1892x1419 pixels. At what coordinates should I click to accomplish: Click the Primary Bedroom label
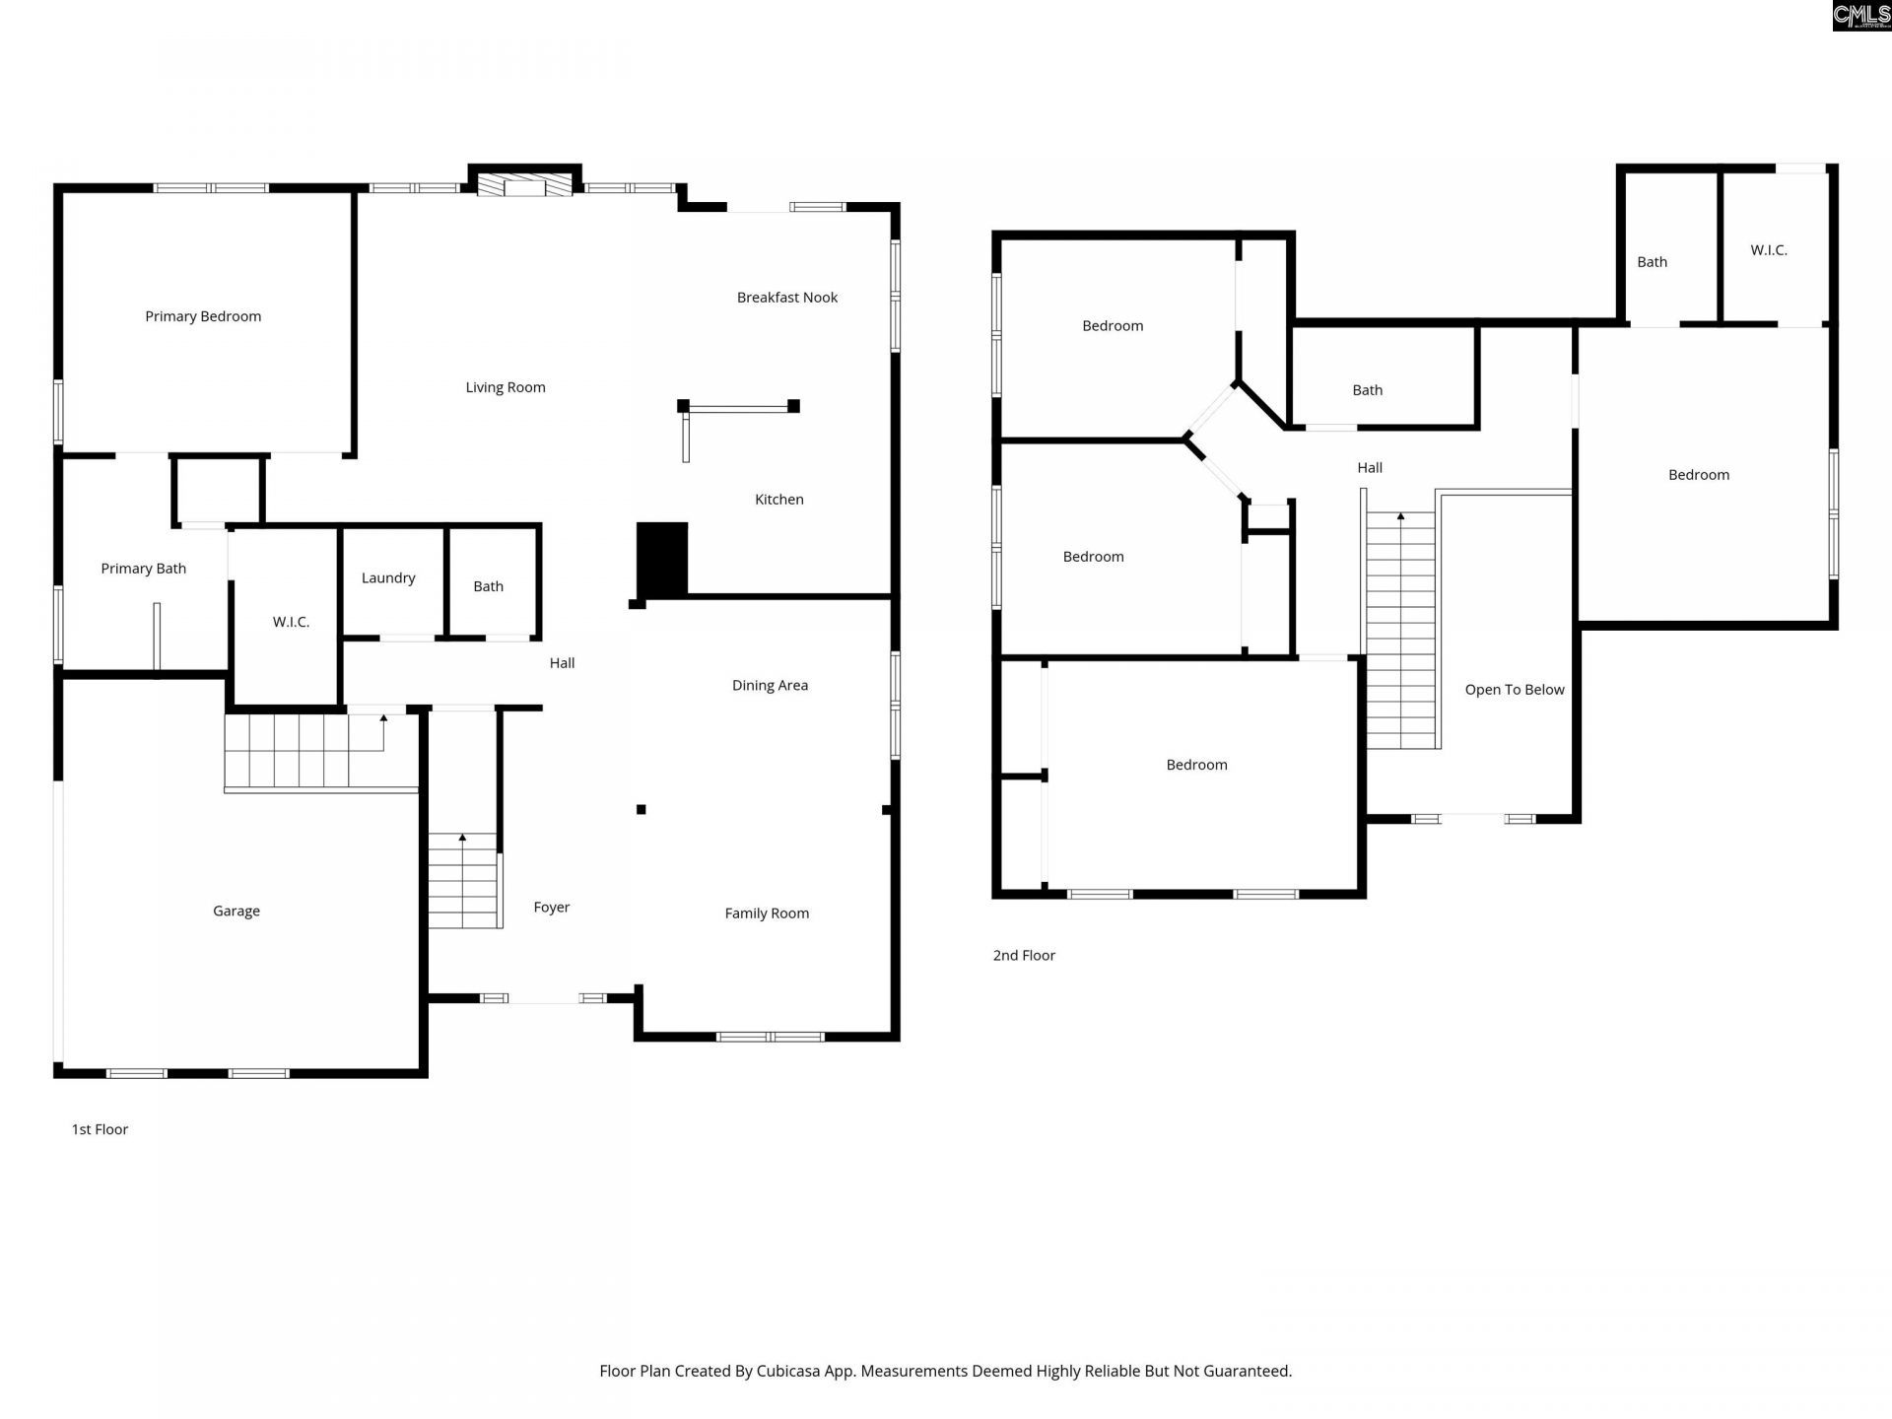tap(203, 316)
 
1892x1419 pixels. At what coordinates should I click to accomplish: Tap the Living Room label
tap(506, 387)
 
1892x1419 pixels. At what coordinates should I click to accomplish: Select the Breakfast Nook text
tap(787, 298)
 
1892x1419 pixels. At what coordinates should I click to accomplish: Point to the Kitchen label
tap(779, 500)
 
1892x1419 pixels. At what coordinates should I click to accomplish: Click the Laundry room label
tap(388, 578)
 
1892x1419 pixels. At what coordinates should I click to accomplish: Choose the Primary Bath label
tap(144, 569)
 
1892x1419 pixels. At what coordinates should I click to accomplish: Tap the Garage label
tap(236, 912)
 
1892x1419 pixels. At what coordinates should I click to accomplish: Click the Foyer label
tap(552, 908)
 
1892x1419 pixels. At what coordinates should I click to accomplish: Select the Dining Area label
tap(770, 686)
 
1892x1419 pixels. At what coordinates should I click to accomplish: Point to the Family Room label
tap(767, 913)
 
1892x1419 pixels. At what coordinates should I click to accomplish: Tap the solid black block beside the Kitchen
tap(662, 559)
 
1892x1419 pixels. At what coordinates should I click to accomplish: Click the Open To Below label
tap(1515, 690)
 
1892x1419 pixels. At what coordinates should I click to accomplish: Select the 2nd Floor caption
tap(1024, 956)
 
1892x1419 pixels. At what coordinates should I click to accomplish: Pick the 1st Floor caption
tap(100, 1130)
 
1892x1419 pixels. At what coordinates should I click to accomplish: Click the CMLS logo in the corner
tap(1861, 16)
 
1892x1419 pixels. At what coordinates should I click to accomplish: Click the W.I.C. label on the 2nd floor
tap(1769, 250)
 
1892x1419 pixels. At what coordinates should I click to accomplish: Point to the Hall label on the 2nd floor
tap(1370, 468)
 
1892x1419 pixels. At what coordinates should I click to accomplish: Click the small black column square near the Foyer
tap(642, 810)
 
